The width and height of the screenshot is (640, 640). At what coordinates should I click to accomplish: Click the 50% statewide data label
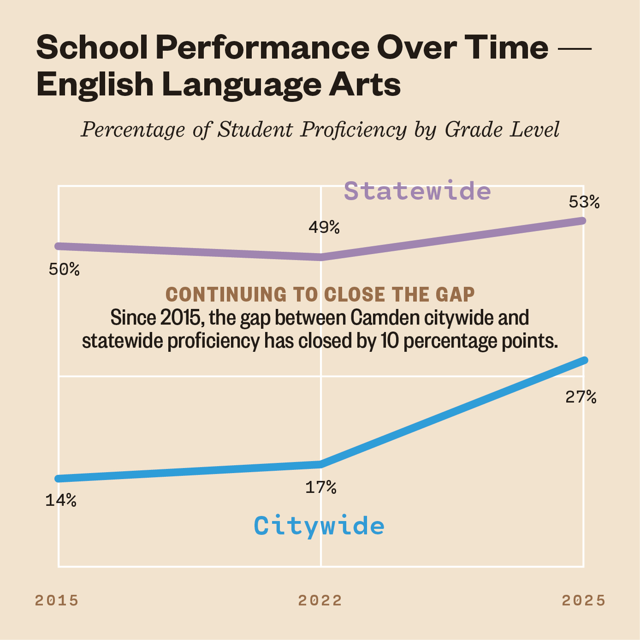coord(64,269)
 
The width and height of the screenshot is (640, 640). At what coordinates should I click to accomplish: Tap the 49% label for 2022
coord(324,227)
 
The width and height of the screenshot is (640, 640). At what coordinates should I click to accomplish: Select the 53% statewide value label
coord(584,202)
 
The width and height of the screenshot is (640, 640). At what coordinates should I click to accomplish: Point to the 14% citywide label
coord(61,500)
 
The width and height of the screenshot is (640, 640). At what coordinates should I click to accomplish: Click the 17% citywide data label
coord(321,487)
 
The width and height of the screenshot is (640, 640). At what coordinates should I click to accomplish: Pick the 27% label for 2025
coord(581,397)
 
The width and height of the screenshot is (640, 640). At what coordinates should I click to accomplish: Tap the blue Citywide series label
coord(319,526)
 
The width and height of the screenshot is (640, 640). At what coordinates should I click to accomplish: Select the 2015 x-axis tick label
coord(57,600)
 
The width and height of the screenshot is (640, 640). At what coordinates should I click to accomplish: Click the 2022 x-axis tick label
coord(320,600)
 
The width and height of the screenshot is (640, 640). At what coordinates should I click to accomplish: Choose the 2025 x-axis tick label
coord(584,600)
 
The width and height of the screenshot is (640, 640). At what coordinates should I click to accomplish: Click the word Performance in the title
coord(262,47)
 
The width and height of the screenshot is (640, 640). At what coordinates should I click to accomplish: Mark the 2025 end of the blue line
coord(584,360)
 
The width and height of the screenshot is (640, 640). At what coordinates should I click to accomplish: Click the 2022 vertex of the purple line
coord(321,257)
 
